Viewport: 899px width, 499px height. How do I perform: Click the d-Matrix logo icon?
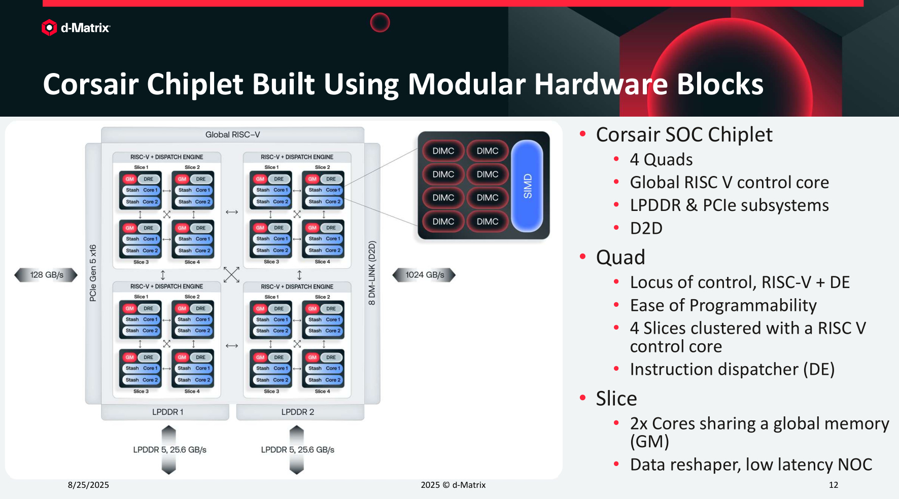point(49,27)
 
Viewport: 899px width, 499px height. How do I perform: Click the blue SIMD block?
point(527,186)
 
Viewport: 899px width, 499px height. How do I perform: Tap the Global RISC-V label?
point(232,134)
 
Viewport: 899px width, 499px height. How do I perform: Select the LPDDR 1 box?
point(167,412)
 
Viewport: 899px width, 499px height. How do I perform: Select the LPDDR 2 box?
point(298,412)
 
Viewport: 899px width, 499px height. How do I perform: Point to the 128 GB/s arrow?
point(46,275)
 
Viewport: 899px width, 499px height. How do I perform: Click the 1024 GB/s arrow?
point(424,275)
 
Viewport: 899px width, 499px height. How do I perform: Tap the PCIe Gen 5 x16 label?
point(93,273)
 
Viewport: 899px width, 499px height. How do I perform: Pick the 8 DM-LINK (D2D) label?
point(372,273)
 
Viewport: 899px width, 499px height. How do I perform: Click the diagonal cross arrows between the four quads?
point(231,274)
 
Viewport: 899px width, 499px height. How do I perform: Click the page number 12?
point(833,485)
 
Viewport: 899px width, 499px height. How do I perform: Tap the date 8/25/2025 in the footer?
point(88,485)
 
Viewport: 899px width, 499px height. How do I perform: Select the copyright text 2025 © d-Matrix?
point(453,485)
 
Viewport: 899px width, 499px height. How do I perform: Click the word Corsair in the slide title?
point(90,84)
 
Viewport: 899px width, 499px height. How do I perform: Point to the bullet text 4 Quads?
point(661,160)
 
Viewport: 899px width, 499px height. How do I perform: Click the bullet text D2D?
point(646,228)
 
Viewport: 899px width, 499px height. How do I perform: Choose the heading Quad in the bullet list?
point(620,257)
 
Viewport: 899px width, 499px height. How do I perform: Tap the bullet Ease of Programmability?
point(723,305)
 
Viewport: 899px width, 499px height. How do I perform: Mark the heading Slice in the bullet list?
point(616,399)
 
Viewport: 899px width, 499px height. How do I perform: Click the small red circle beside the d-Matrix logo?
point(380,22)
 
